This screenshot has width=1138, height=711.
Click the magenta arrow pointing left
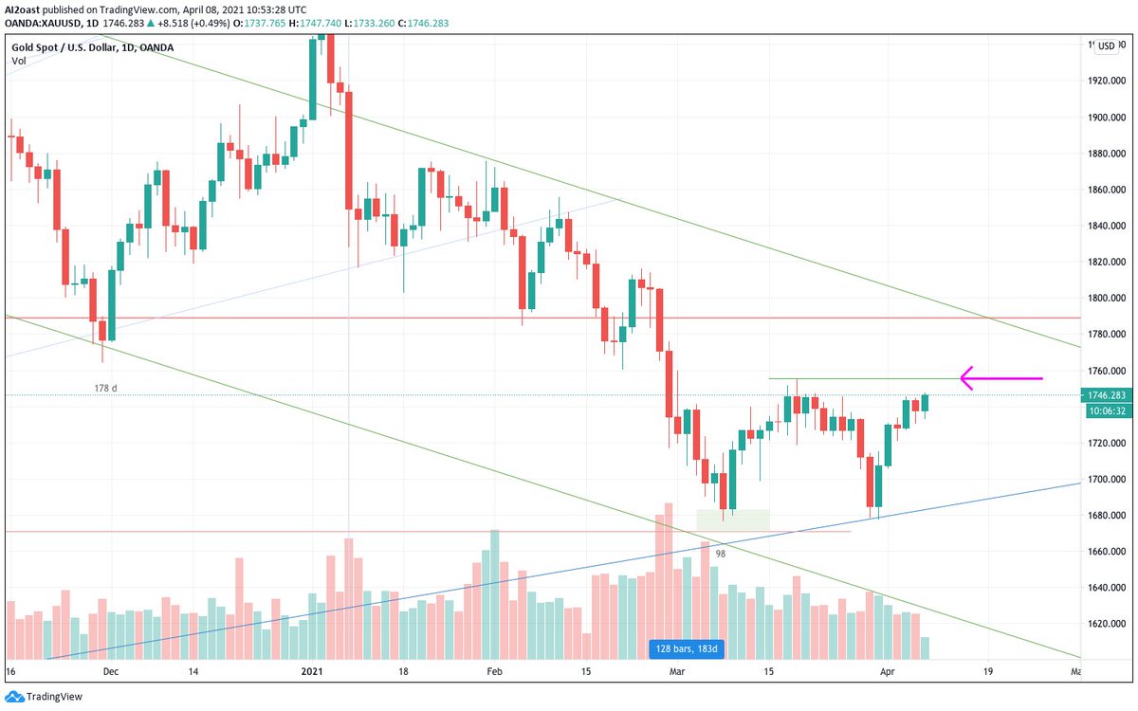coord(1000,378)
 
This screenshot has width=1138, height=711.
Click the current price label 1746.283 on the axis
coord(1107,394)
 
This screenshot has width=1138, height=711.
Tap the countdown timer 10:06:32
coord(1107,410)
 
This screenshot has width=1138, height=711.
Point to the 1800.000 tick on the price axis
coord(1107,298)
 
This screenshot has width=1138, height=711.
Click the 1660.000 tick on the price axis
coord(1107,551)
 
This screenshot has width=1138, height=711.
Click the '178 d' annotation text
coord(106,389)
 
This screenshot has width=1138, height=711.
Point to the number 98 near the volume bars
coord(720,554)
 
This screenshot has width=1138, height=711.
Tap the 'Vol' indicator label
coord(18,61)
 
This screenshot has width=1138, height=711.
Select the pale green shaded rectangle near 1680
coord(732,520)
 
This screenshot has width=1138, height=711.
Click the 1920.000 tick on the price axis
coord(1107,81)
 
